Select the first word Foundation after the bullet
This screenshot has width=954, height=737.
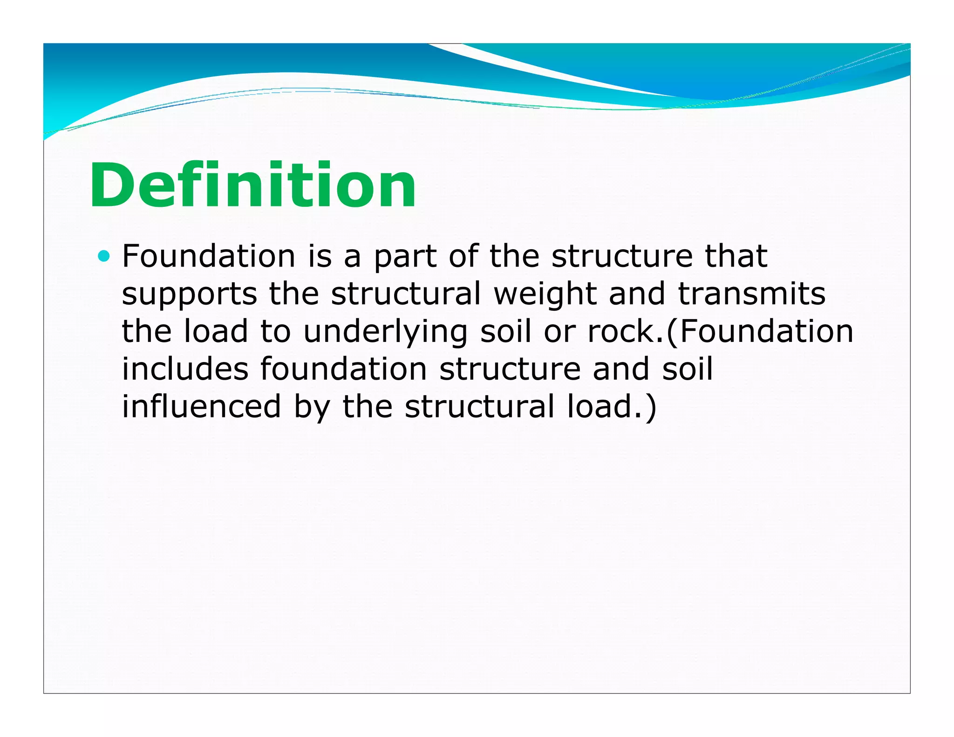click(209, 256)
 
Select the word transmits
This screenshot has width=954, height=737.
click(751, 294)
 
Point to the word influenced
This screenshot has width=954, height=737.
click(201, 406)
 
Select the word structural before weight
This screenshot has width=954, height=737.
click(406, 294)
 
